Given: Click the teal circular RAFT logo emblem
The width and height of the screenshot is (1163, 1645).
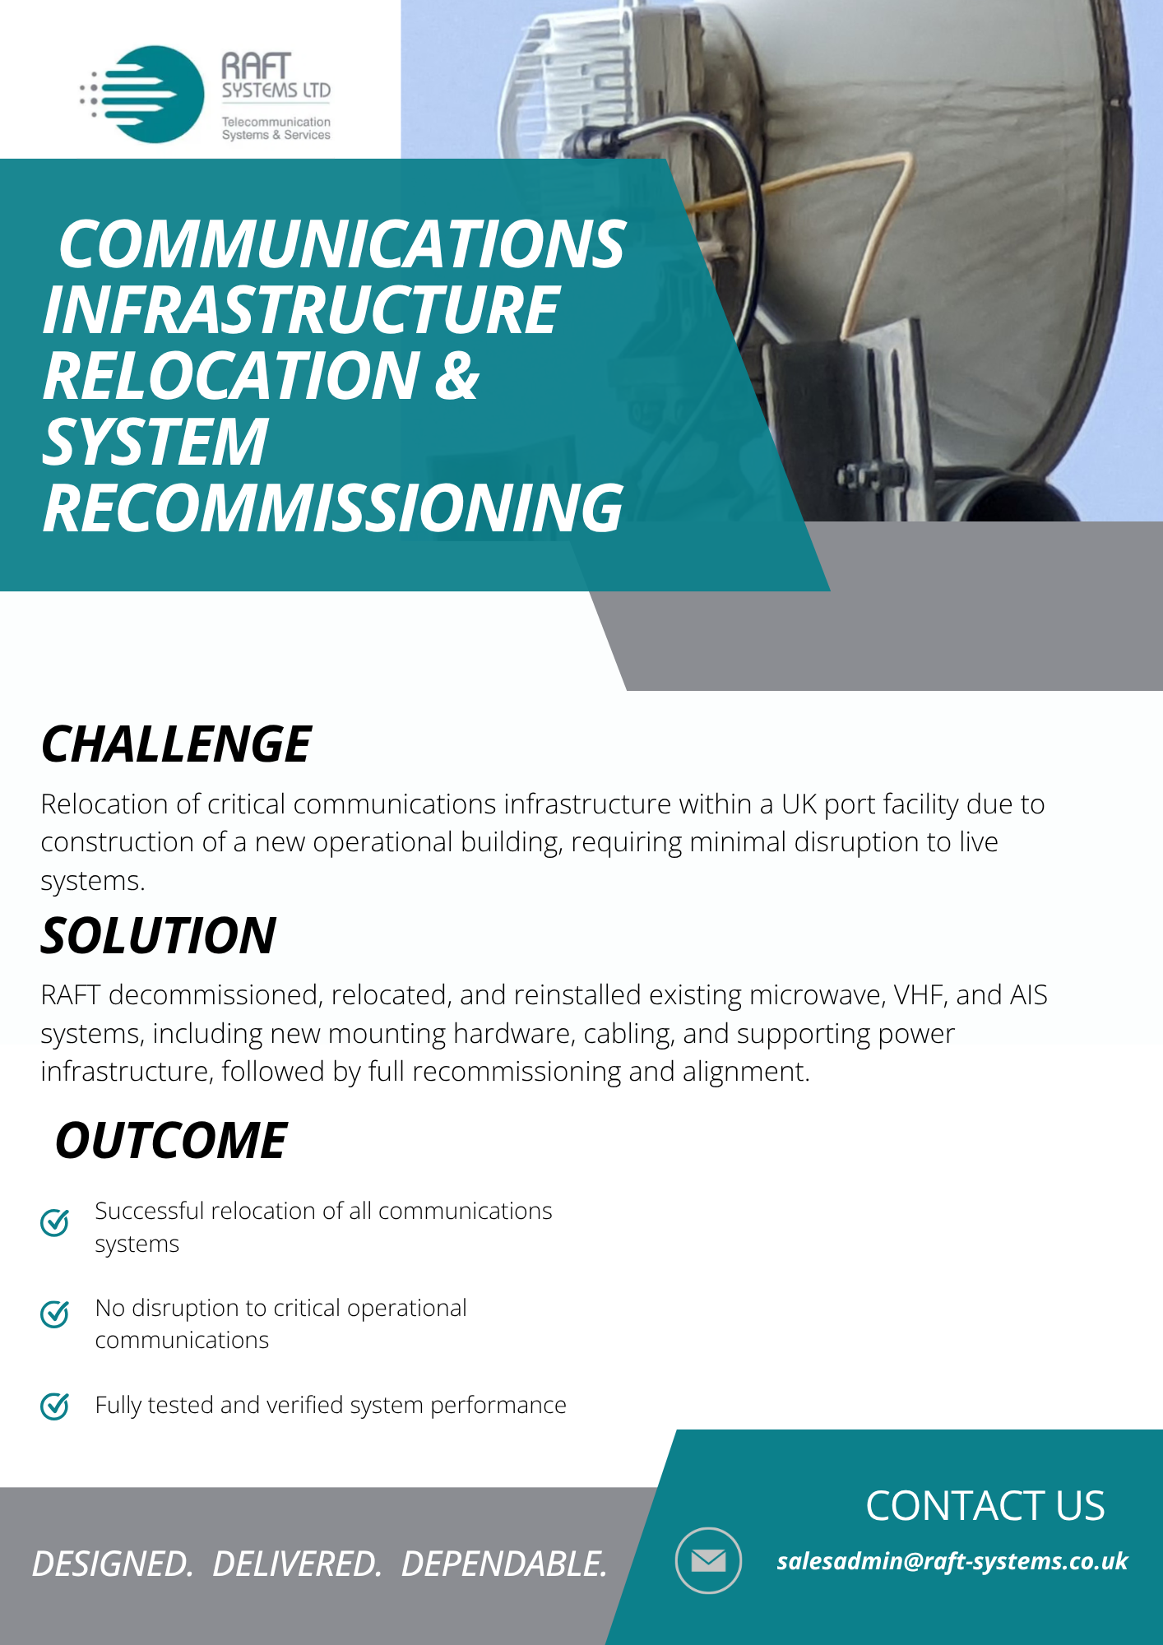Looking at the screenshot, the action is pyautogui.click(x=152, y=95).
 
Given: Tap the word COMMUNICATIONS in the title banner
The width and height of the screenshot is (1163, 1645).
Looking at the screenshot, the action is pyautogui.click(x=342, y=244).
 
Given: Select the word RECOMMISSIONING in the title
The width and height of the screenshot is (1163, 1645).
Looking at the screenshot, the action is pyautogui.click(x=332, y=508).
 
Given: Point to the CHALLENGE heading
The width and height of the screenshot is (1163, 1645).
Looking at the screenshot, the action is pyautogui.click(x=176, y=744).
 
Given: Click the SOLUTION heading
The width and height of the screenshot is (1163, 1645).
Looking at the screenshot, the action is pyautogui.click(x=159, y=936).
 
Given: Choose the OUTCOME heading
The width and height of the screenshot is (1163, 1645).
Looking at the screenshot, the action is pyautogui.click(x=171, y=1140).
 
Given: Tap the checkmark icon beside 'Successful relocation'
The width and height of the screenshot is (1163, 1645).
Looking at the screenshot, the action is pyautogui.click(x=55, y=1222).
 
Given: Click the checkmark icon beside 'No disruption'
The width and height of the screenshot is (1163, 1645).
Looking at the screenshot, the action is pyautogui.click(x=55, y=1314).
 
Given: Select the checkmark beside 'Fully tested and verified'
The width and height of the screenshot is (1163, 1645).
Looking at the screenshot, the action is pyautogui.click(x=55, y=1406).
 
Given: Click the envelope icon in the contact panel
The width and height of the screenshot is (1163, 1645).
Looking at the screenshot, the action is pyautogui.click(x=708, y=1560).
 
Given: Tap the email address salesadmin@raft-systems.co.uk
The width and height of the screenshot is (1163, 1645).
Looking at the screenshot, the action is pyautogui.click(x=952, y=1561).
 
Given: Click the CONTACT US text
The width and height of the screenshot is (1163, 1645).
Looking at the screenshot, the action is pyautogui.click(x=985, y=1506).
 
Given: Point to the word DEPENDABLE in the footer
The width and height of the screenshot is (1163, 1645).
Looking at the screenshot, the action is pyautogui.click(x=504, y=1564).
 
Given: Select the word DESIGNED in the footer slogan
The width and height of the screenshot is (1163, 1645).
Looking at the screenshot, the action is pyautogui.click(x=113, y=1564).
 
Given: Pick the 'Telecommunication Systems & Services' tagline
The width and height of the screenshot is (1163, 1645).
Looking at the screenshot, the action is pyautogui.click(x=276, y=128).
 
